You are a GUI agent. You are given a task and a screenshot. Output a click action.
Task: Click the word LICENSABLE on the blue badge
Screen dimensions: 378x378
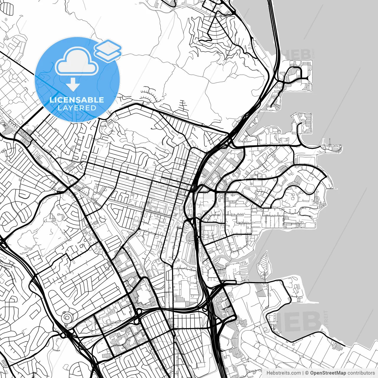[77, 100]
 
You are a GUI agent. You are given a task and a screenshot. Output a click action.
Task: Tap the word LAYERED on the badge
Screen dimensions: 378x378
[77, 108]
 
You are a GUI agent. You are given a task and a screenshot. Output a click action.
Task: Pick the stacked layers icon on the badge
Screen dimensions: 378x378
[108, 50]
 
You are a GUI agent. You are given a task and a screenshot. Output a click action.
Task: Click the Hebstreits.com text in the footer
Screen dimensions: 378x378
[283, 373]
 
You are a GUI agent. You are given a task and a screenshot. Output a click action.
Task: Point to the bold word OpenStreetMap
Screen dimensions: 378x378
[328, 373]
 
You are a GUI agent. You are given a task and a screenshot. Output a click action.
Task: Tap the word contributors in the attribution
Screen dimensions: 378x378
[361, 373]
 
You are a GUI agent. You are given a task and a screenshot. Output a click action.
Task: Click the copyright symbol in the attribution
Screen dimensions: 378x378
[307, 373]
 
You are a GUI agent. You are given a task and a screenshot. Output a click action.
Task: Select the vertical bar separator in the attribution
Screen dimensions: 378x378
[303, 373]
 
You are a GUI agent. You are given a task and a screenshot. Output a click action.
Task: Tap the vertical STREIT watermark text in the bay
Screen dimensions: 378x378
[326, 320]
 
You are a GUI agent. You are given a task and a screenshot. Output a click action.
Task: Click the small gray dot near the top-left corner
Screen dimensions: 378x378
[6, 19]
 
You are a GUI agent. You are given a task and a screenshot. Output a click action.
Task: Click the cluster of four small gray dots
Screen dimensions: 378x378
[235, 270]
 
